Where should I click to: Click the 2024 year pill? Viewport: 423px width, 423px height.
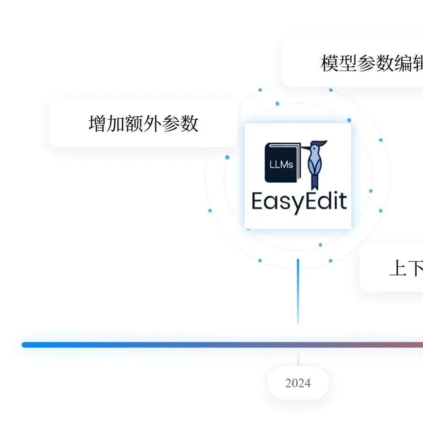298,383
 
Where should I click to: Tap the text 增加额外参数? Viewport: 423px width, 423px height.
143,123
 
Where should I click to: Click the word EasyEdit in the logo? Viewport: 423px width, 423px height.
299,201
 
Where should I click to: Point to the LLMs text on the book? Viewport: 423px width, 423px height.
281,165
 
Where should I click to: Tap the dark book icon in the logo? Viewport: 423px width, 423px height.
282,163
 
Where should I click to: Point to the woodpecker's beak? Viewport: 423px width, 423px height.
306,147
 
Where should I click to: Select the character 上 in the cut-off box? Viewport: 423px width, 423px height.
398,269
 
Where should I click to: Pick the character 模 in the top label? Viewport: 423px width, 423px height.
329,63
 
